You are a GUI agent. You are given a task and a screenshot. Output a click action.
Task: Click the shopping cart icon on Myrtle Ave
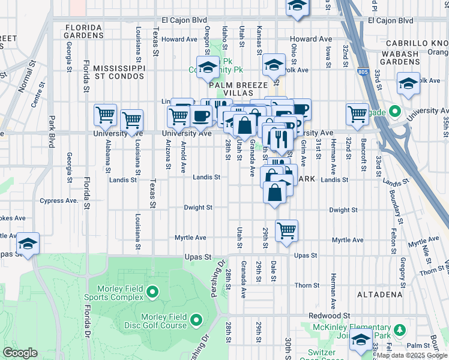pos(287,230)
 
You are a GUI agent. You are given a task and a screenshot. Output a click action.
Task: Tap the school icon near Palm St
pos(361,340)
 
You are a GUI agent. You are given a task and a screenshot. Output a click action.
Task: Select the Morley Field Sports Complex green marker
pos(152,292)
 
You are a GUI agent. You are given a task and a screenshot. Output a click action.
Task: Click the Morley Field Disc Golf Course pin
pos(196,322)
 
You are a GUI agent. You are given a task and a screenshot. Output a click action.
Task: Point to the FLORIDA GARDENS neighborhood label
pos(83,31)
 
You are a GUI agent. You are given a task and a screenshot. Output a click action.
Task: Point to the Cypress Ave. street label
pos(59,201)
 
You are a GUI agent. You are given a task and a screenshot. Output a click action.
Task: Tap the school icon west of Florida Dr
pos(28,243)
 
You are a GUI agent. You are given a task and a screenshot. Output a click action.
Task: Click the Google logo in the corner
pos(20,353)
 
